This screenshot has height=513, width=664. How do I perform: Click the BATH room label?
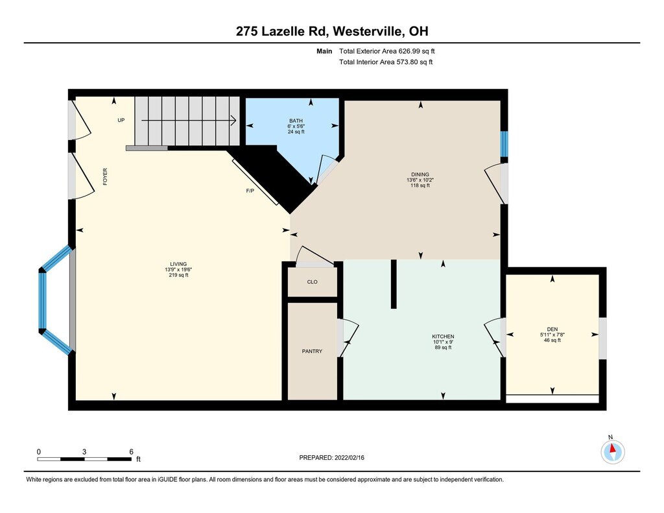coord(296,121)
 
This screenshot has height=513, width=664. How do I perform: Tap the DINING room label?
coord(420,174)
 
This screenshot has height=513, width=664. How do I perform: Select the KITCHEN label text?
coord(443,337)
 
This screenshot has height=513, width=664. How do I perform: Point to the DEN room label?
coord(552,329)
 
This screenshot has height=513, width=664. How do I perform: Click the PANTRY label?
coord(312,351)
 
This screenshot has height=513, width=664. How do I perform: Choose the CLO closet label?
coord(312,282)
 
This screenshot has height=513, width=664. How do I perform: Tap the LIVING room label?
coord(178,264)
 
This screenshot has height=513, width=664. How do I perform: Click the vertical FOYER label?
coord(105,176)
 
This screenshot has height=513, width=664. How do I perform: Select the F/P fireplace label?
coord(250,191)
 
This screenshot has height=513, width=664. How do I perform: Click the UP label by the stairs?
coord(121,121)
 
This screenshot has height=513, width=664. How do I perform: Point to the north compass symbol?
coord(612,451)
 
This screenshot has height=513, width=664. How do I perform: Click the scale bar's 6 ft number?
coord(131,451)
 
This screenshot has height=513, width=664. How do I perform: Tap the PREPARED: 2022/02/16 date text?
coord(331,457)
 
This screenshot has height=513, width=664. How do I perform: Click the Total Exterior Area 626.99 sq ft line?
coord(387,51)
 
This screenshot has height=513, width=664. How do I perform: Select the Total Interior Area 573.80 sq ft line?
coord(386,62)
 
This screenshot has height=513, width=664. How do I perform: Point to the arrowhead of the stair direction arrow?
coord(233,121)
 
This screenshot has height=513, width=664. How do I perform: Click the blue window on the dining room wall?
coord(504,144)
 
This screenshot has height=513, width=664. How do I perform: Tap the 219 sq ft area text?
coord(178,275)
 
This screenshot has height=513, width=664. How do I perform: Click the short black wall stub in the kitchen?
coord(394,284)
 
